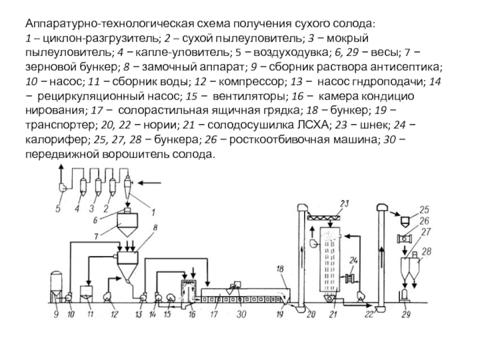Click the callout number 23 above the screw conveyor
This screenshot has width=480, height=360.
coord(344,203)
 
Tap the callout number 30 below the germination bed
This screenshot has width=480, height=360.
coord(241,314)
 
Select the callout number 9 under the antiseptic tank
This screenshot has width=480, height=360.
coord(56,314)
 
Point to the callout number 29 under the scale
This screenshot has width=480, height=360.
coord(406,314)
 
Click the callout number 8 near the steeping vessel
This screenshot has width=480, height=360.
coord(155,228)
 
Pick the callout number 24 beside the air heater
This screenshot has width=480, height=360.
coord(353,260)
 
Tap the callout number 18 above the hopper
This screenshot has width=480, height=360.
coord(280,269)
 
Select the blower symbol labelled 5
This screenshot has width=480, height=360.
coord(62,187)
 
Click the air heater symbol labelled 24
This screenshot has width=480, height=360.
coord(350,279)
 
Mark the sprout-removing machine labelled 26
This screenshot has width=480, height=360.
coord(404,238)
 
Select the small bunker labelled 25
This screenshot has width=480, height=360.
coord(405,221)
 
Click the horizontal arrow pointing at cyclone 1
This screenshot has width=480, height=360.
coord(149,184)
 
